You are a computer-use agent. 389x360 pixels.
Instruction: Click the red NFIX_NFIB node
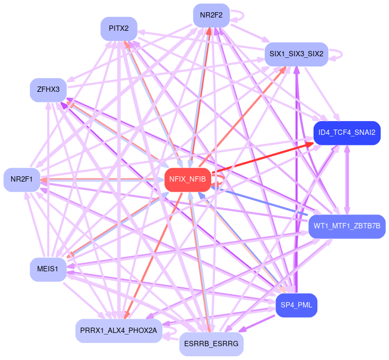pos(187,179)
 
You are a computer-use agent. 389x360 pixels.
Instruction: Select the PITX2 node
pos(119,29)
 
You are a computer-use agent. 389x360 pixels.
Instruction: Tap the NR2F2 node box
pos(211,15)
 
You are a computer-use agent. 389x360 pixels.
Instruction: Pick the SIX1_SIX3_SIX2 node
pos(296,54)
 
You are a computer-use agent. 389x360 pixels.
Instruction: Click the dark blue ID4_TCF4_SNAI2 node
pos(347,133)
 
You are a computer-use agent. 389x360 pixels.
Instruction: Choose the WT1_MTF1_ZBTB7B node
pos(347,227)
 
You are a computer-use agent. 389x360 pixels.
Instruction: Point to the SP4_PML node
pos(296,305)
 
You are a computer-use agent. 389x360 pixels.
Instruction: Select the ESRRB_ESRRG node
pos(211,344)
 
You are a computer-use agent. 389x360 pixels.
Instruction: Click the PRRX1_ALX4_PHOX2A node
pos(119,330)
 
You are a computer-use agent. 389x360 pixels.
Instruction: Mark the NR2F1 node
pos(21,179)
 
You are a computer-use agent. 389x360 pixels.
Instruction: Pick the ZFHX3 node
pos(48,89)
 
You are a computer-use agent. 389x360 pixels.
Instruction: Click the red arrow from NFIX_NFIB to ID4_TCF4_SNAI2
pos(260,158)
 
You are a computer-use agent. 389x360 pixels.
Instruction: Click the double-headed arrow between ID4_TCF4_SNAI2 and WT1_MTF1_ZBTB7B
pos(347,179)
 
